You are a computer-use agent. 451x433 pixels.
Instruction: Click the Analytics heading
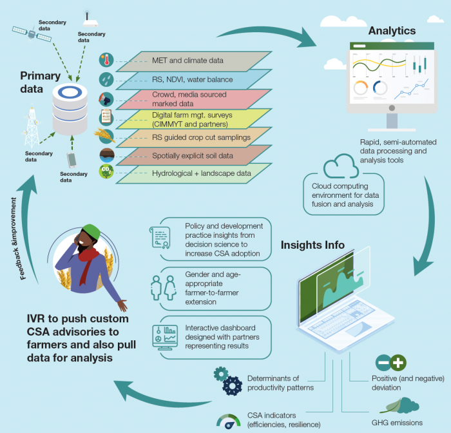pos(392,31)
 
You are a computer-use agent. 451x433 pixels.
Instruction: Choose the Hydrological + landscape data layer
pos(187,173)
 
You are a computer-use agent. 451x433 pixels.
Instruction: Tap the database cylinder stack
pos(69,108)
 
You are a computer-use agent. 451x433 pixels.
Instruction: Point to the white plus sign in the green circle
pos(399,362)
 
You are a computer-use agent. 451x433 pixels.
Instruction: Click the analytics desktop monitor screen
pos(390,76)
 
